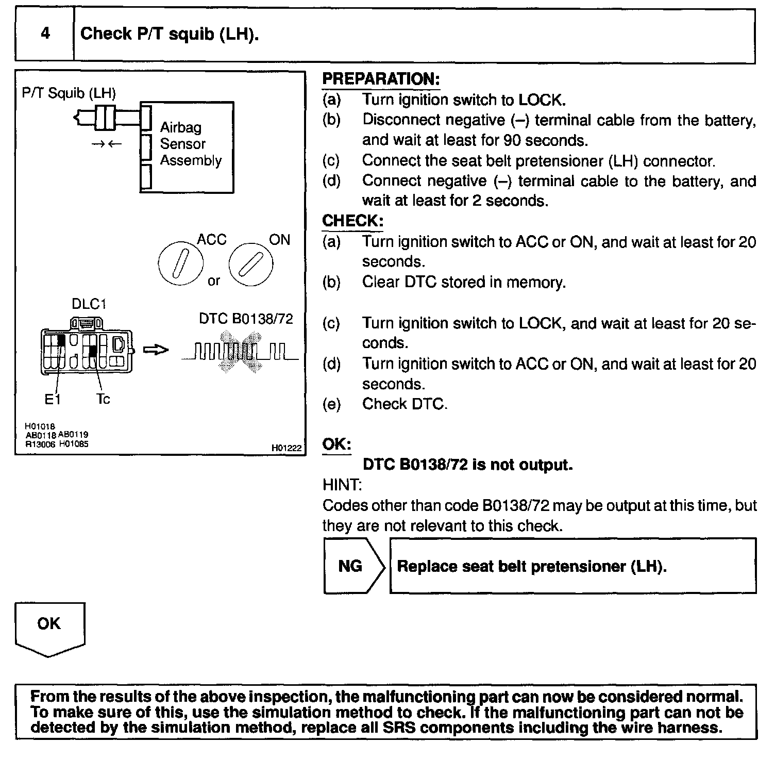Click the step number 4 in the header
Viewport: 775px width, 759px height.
click(x=45, y=34)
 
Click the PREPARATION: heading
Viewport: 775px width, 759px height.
click(x=381, y=79)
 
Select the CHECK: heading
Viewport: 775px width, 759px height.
click(x=353, y=221)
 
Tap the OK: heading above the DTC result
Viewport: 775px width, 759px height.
click(x=336, y=444)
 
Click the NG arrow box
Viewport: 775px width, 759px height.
click(x=353, y=566)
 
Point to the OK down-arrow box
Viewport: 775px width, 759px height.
click(x=49, y=628)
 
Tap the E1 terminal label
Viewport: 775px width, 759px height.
click(x=53, y=400)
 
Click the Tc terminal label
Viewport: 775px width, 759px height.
click(x=103, y=400)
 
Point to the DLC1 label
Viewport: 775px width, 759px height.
click(x=89, y=304)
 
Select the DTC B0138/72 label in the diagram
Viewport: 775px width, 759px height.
click(x=246, y=319)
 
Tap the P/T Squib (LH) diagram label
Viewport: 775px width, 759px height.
click(x=69, y=93)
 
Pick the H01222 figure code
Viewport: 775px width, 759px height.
click(x=286, y=448)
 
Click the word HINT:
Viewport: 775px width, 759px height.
click(x=342, y=485)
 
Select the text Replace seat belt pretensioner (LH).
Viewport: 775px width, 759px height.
click(x=532, y=566)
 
